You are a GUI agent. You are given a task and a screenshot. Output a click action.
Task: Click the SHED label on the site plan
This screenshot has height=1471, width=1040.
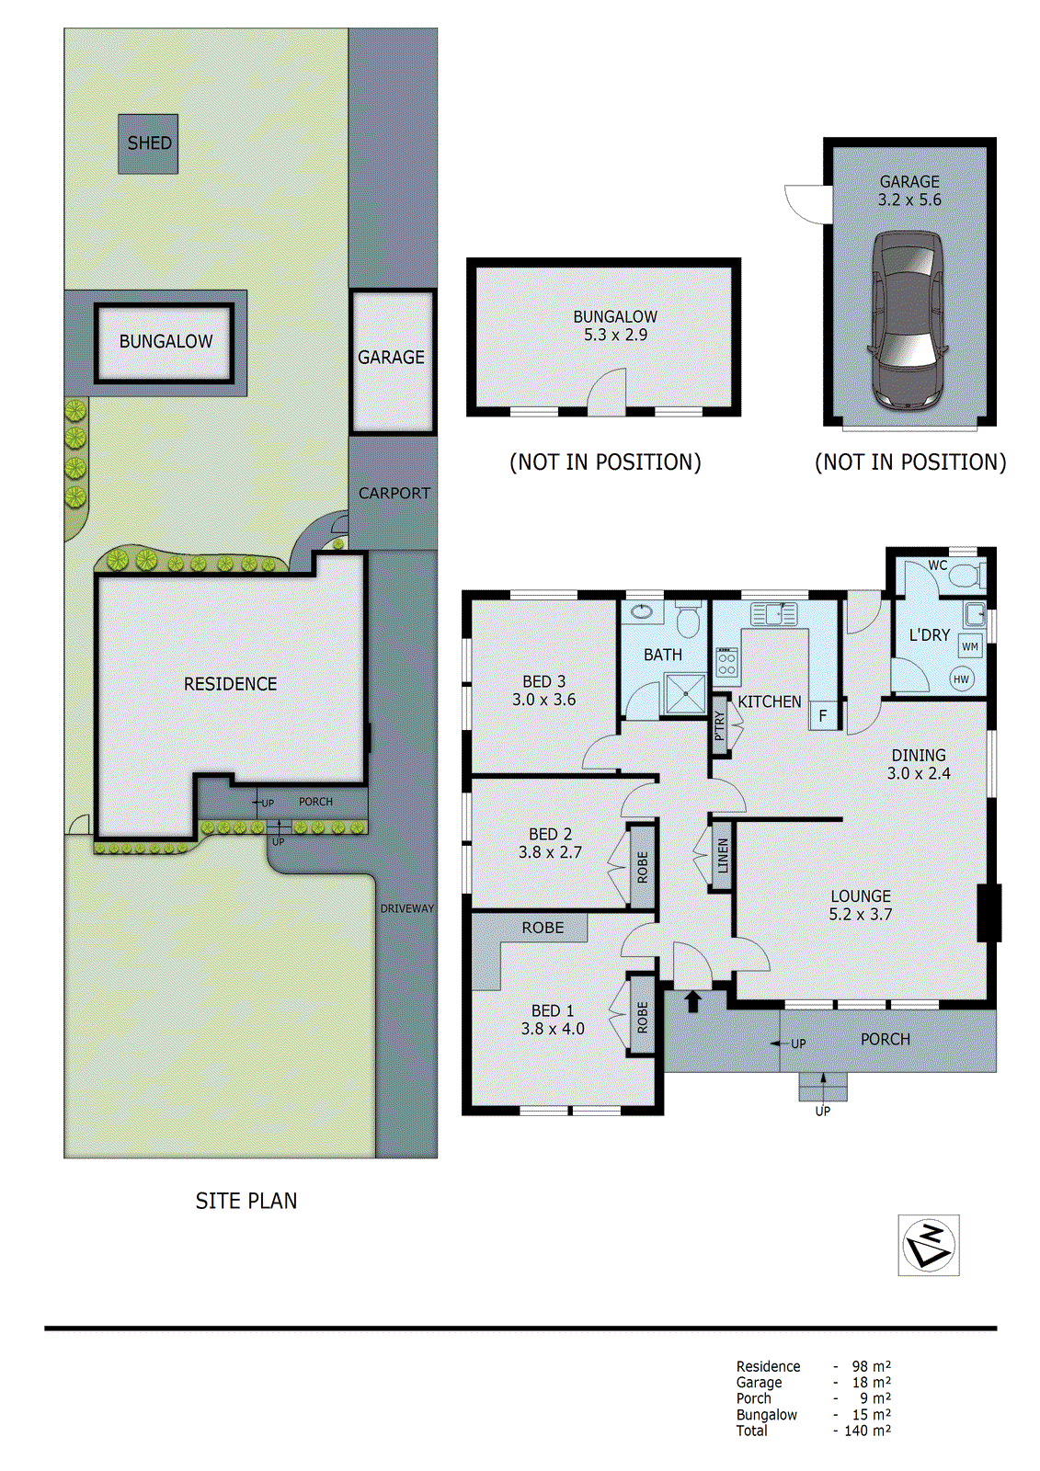[x=149, y=143]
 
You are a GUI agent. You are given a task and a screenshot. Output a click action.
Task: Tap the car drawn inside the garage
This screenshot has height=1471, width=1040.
[x=909, y=319]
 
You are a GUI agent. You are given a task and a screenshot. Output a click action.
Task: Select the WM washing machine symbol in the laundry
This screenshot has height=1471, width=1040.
[x=970, y=646]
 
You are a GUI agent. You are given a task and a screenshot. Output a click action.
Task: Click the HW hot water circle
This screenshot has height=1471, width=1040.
[x=961, y=679]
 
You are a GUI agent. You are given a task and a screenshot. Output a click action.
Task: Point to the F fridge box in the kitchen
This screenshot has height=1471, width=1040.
[x=823, y=715]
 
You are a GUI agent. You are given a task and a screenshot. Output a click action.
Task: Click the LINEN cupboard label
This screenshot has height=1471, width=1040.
[x=723, y=856]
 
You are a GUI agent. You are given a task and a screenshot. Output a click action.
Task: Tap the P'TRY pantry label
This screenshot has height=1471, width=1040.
[x=720, y=724]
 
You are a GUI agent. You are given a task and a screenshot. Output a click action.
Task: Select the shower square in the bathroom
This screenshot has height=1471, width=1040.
[x=684, y=694]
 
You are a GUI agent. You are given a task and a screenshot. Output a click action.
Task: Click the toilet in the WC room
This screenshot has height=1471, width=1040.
[x=965, y=576]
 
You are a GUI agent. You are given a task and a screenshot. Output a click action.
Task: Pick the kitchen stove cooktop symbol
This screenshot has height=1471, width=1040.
[x=726, y=663]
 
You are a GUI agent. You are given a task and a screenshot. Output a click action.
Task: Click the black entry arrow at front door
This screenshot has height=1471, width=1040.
[x=693, y=1001]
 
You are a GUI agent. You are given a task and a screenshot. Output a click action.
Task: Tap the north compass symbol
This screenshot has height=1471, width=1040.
[x=929, y=1245]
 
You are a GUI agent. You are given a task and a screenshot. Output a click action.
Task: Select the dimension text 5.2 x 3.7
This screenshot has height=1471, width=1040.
[x=860, y=915]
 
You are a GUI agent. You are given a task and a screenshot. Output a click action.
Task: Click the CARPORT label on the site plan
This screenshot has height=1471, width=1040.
[x=394, y=494]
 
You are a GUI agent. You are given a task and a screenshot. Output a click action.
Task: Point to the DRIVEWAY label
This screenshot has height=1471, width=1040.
[x=406, y=908]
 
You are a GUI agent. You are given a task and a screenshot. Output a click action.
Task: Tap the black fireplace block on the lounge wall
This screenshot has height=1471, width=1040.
[x=989, y=912]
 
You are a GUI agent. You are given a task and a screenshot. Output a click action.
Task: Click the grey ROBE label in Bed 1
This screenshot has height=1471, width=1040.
[x=543, y=928]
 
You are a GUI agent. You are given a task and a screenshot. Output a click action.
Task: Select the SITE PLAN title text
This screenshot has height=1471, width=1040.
[x=246, y=1201]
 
